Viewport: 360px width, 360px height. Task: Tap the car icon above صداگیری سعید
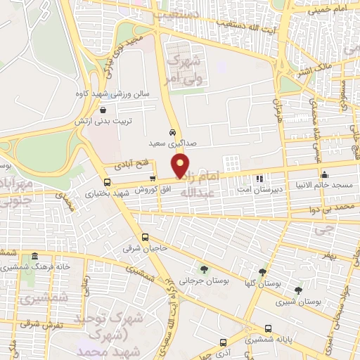pos(172,132)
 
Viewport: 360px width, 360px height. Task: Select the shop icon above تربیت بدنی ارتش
pos(103,110)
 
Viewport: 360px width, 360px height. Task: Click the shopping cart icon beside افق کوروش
pos(153,179)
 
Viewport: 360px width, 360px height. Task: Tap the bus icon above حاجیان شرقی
pos(146,237)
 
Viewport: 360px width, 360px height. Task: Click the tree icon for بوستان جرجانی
pos(205,269)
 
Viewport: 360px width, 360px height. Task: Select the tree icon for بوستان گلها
pos(262,272)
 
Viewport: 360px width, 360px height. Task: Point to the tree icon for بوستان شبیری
pos(298,290)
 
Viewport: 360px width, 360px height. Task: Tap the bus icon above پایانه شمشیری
pos(268,328)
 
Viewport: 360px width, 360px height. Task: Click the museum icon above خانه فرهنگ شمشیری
pos(35,256)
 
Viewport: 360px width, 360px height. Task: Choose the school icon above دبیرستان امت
pos(259,179)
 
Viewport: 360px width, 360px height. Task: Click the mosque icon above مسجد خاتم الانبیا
pos(324,175)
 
